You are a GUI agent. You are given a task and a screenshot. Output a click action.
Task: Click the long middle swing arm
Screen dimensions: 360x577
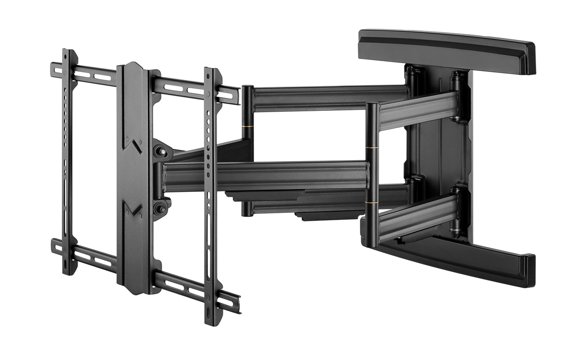click(265, 175)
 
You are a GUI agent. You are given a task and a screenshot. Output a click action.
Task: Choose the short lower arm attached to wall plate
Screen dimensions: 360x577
click(417, 216)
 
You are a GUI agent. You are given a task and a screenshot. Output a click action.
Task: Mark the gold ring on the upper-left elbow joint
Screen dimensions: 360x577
click(247, 127)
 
